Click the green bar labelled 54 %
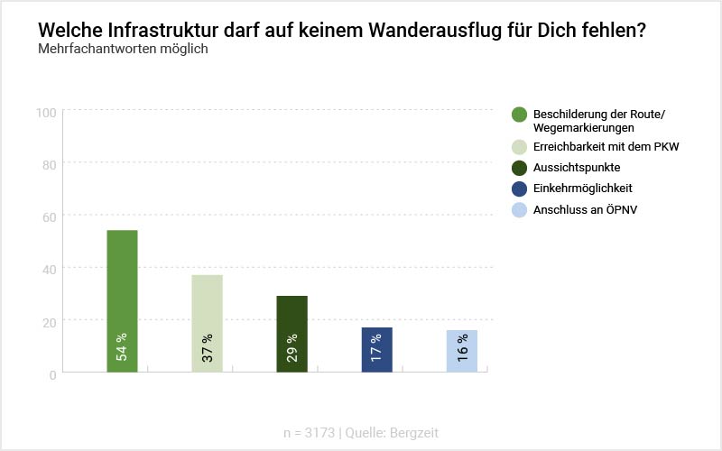tap(122, 300)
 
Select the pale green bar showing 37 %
tap(207, 323)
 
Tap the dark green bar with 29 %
tap(292, 334)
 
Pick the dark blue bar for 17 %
tap(376, 349)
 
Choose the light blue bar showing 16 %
tap(461, 350)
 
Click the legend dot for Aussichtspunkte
tap(519, 167)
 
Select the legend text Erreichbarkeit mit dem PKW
tap(605, 145)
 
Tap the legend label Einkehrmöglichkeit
tap(582, 189)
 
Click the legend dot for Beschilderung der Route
tap(519, 114)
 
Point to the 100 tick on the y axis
tap(47, 112)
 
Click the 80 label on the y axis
tap(50, 164)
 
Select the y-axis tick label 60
tap(50, 216)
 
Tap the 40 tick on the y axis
tap(50, 269)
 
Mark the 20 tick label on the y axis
tap(50, 321)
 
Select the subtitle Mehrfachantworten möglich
tap(124, 49)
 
